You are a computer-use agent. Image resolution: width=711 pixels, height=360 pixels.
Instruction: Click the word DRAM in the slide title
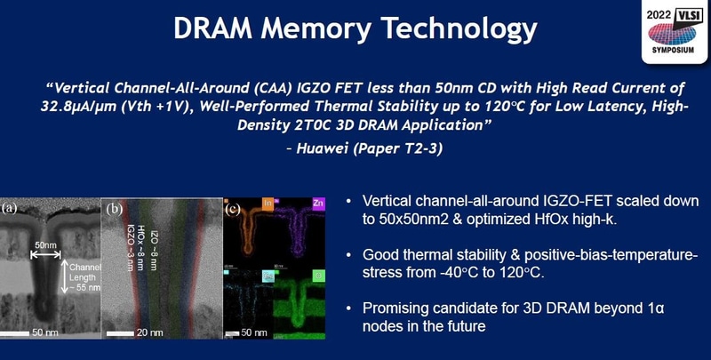[214, 28]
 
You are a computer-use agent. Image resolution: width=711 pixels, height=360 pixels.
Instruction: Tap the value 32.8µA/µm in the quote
[72, 109]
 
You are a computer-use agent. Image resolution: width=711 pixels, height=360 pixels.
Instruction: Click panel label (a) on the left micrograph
[10, 209]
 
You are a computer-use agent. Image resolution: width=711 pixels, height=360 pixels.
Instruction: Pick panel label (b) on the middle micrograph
[116, 211]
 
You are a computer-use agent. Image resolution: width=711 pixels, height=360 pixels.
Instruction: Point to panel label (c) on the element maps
[233, 210]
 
